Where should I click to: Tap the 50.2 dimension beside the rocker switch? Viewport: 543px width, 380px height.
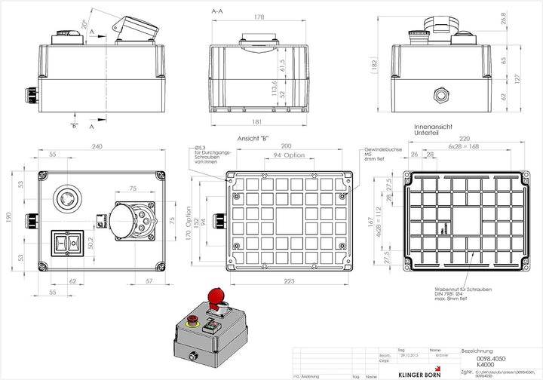point(90,242)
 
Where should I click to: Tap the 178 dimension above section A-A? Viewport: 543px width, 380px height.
point(259,17)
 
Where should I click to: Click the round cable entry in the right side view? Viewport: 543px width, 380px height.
point(440,95)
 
